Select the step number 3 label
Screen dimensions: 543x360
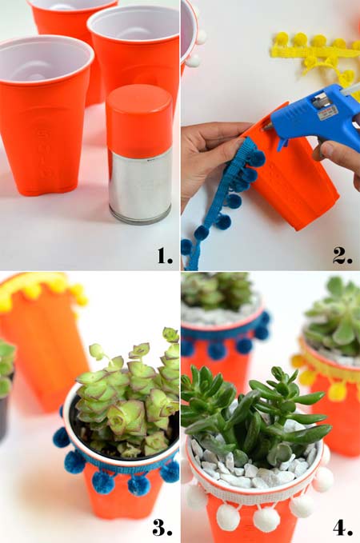[162, 527]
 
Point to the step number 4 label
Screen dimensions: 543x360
[342, 527]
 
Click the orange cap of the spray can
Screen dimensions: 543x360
[139, 120]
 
